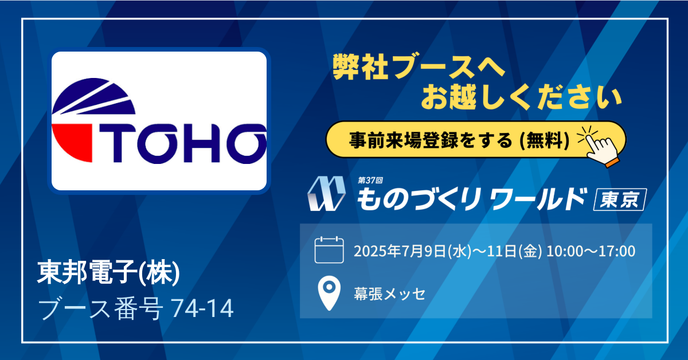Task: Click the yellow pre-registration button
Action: point(475,140)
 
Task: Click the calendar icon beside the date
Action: point(329,250)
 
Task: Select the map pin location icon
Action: point(329,293)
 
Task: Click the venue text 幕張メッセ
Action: point(389,294)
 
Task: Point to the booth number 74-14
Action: point(202,308)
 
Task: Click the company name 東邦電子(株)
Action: point(108,272)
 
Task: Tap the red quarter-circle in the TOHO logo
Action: point(72,143)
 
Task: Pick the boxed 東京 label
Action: point(620,199)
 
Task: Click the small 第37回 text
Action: point(370,181)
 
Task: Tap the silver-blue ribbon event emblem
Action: point(326,194)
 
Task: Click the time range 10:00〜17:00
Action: point(591,251)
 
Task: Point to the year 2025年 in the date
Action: point(377,251)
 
